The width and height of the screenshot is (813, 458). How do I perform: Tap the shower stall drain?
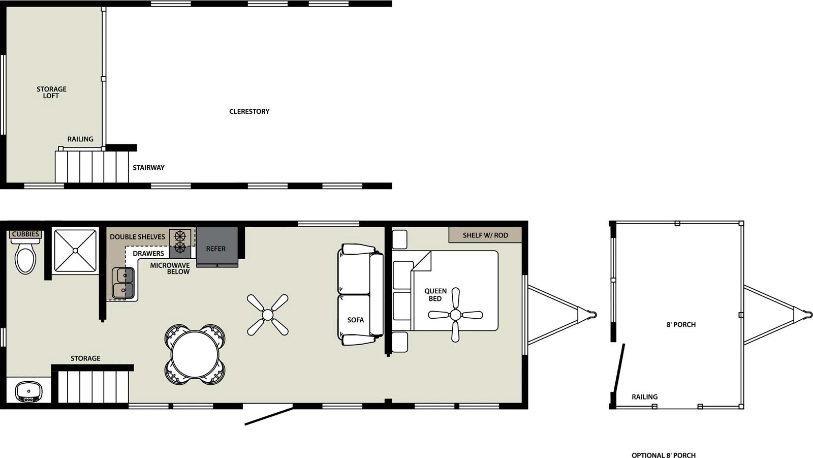pyautogui.click(x=75, y=250)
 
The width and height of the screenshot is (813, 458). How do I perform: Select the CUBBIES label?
pyautogui.click(x=25, y=234)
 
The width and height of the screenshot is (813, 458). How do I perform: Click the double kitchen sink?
pyautogui.click(x=123, y=283)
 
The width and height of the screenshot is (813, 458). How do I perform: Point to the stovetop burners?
pyautogui.click(x=180, y=242)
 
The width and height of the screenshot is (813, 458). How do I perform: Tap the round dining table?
pyautogui.click(x=195, y=354)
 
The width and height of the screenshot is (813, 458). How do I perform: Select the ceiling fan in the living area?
pyautogui.click(x=268, y=315)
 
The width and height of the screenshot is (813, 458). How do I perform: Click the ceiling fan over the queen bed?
pyautogui.click(x=455, y=315)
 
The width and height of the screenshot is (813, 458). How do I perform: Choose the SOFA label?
pyautogui.click(x=356, y=320)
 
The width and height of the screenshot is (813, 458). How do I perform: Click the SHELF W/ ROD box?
pyautogui.click(x=485, y=235)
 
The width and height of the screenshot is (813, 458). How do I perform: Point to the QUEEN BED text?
pyautogui.click(x=435, y=295)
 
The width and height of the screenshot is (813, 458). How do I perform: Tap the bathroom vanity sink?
pyautogui.click(x=28, y=391)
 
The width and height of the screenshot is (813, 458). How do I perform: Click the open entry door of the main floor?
pyautogui.click(x=269, y=415)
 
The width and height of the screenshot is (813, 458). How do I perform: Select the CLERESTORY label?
pyautogui.click(x=249, y=111)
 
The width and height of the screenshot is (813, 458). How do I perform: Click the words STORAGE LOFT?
pyautogui.click(x=51, y=92)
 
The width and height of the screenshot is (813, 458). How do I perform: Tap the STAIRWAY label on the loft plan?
pyautogui.click(x=148, y=167)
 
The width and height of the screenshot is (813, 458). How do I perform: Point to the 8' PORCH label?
pyautogui.click(x=681, y=324)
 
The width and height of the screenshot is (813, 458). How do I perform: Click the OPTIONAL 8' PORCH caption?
pyautogui.click(x=664, y=455)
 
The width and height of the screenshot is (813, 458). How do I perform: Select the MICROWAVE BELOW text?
pyautogui.click(x=170, y=268)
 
